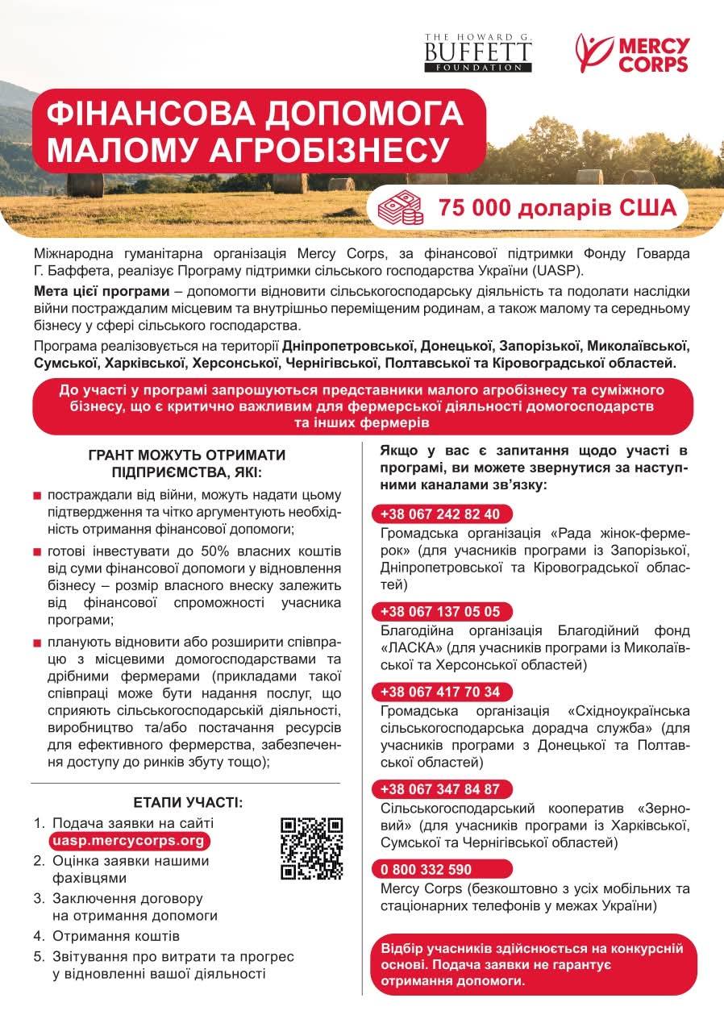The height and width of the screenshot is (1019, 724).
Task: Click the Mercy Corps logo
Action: tap(633, 54)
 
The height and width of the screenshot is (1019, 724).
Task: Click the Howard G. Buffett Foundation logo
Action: tap(478, 53)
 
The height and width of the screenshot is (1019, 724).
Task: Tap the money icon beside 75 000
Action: tap(401, 209)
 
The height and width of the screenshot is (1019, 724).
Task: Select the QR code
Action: tap(312, 848)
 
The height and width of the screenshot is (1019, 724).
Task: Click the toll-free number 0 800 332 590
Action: tap(426, 869)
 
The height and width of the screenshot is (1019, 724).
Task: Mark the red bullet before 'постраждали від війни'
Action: tap(37, 495)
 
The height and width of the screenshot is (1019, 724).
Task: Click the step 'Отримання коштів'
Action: tap(116, 936)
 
